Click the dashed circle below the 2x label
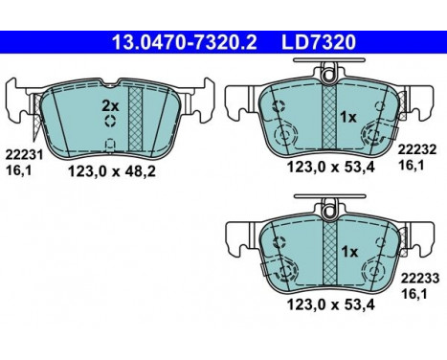111,121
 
